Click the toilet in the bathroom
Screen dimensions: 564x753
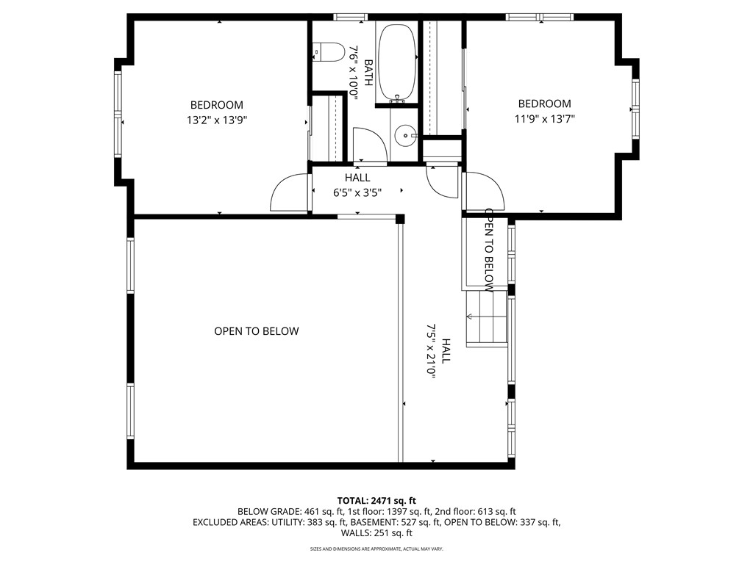point(330,52)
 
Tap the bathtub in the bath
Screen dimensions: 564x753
point(397,63)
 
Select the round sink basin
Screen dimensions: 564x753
point(405,136)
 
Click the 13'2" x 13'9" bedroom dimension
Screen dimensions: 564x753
point(216,120)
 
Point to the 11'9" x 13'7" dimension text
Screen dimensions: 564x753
point(544,119)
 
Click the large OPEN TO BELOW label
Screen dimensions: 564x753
point(256,331)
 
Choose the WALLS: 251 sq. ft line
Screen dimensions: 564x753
point(376,533)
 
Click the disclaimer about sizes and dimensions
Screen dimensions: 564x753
point(376,549)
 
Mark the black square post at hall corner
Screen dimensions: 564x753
point(400,219)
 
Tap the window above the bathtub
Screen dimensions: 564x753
point(351,16)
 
